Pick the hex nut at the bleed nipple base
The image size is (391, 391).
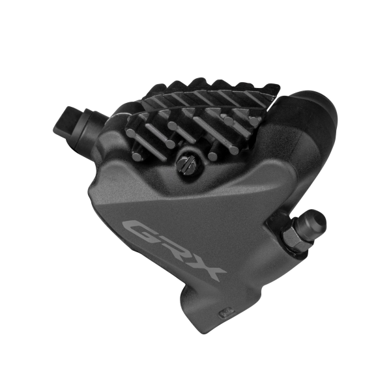point(294,239)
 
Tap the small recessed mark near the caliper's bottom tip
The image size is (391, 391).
point(225,311)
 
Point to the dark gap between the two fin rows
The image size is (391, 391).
point(195,111)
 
